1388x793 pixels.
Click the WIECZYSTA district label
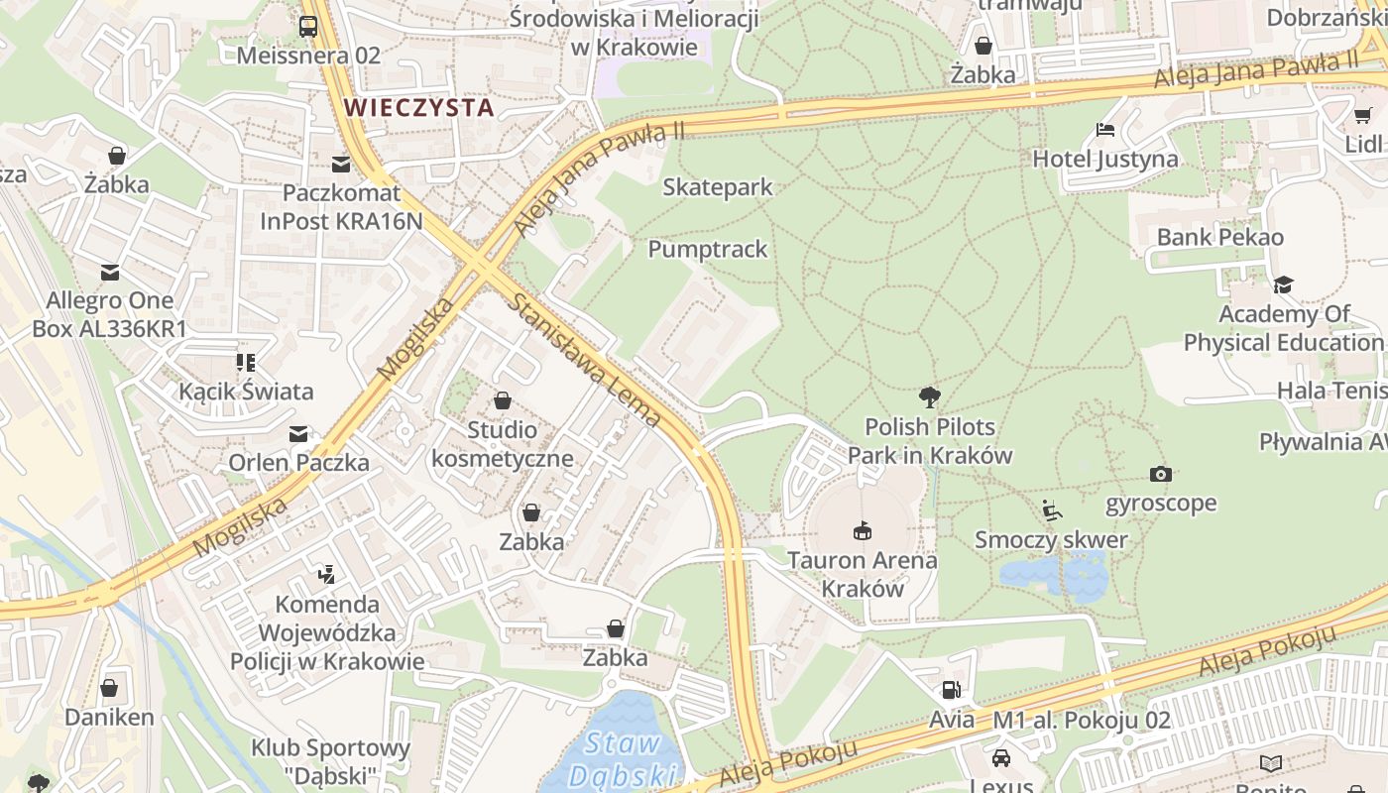(x=417, y=107)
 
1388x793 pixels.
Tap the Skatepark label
(x=717, y=186)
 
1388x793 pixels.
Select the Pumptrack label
(x=707, y=249)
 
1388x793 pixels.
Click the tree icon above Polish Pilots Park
(x=929, y=397)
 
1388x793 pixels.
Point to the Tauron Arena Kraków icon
(x=862, y=530)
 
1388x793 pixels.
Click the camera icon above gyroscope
(x=1160, y=474)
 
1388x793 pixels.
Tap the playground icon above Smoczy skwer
(x=1052, y=510)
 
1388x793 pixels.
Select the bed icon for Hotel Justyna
(x=1104, y=130)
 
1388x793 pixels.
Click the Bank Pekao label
(x=1219, y=237)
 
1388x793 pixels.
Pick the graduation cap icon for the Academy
(x=1283, y=285)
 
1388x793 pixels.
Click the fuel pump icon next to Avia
(x=951, y=690)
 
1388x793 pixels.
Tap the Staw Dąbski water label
(x=623, y=758)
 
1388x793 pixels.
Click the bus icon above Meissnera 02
(x=308, y=26)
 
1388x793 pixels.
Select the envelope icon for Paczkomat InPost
(x=341, y=164)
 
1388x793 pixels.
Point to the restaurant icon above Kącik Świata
(x=246, y=363)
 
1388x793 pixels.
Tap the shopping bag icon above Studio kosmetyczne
(x=503, y=400)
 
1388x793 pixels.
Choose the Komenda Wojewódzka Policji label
(x=327, y=632)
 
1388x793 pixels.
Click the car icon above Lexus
(x=1000, y=758)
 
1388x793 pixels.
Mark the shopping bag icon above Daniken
(x=109, y=688)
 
